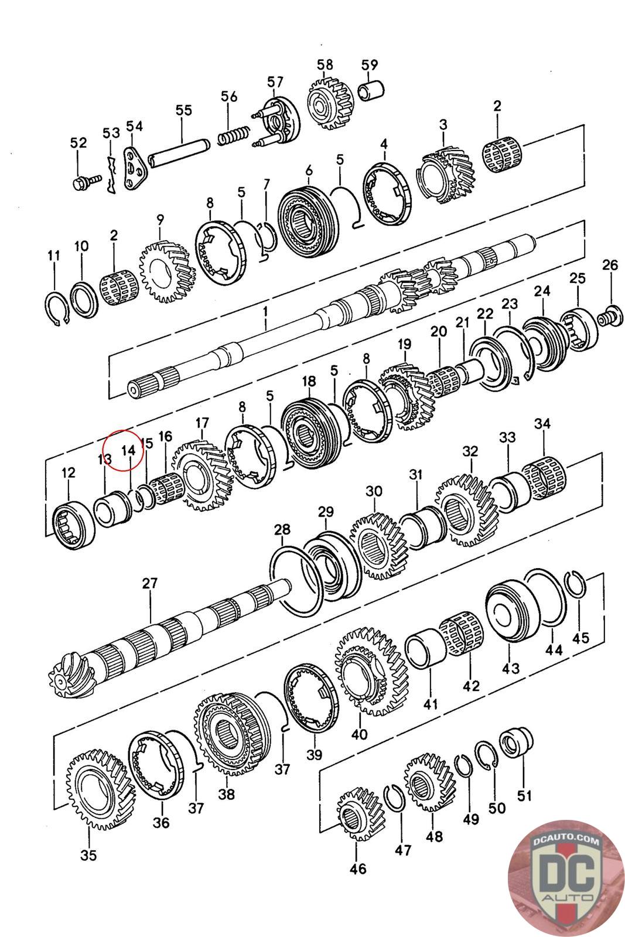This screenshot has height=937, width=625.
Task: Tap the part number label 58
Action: click(x=325, y=64)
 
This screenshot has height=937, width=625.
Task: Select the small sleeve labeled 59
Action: click(x=371, y=91)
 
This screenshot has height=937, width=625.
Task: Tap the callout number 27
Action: click(x=149, y=583)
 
